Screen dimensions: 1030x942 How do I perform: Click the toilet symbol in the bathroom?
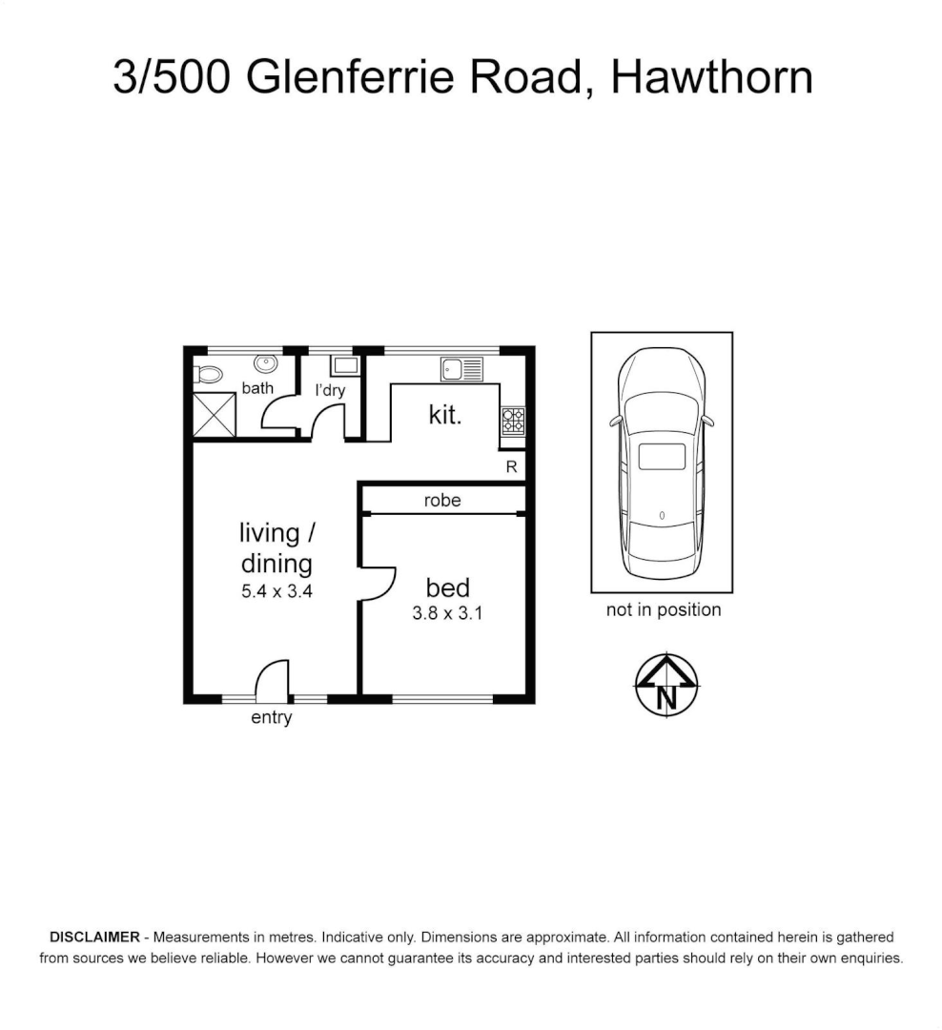[x=209, y=373]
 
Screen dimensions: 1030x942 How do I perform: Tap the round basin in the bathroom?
[x=264, y=363]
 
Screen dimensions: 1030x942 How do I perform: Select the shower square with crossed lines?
[x=214, y=414]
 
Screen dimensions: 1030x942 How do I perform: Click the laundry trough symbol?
[x=344, y=364]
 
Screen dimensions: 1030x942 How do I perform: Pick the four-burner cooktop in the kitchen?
[x=513, y=421]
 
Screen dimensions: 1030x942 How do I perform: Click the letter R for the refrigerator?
[x=511, y=467]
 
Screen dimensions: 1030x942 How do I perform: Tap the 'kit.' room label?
[x=445, y=416]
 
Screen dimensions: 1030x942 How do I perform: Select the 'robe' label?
[x=442, y=500]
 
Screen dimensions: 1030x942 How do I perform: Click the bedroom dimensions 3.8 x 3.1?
[x=447, y=614]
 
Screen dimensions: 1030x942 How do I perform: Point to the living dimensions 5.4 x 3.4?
[x=276, y=591]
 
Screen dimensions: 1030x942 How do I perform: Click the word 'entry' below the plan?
[x=271, y=718]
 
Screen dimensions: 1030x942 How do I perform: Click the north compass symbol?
[x=666, y=684]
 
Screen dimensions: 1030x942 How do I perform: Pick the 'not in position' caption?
[x=664, y=610]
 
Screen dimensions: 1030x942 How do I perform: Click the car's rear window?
[x=662, y=457]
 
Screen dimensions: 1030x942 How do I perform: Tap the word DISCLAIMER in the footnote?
[x=93, y=937]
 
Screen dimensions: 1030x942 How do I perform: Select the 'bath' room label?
[x=257, y=388]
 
